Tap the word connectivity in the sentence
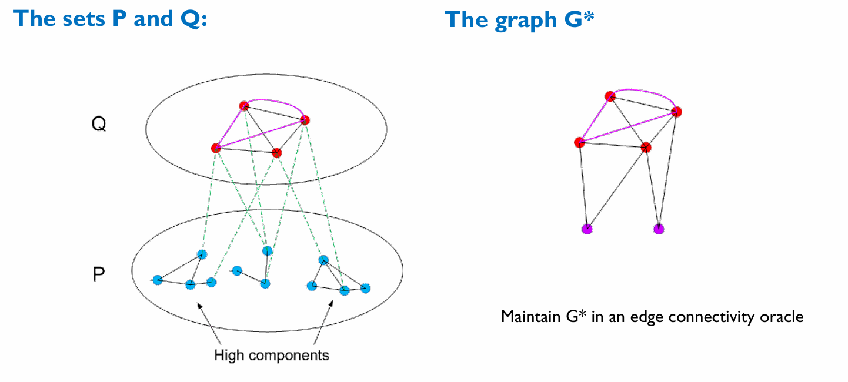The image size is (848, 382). click(x=707, y=317)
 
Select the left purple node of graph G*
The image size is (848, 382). click(x=586, y=229)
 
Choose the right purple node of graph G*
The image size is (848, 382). click(x=659, y=229)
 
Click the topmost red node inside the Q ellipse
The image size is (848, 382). click(x=244, y=106)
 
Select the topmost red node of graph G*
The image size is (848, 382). click(x=610, y=96)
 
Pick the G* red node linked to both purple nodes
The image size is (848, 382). click(x=646, y=147)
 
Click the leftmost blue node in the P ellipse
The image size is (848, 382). click(x=157, y=280)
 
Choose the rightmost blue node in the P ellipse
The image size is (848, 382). click(x=366, y=288)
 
